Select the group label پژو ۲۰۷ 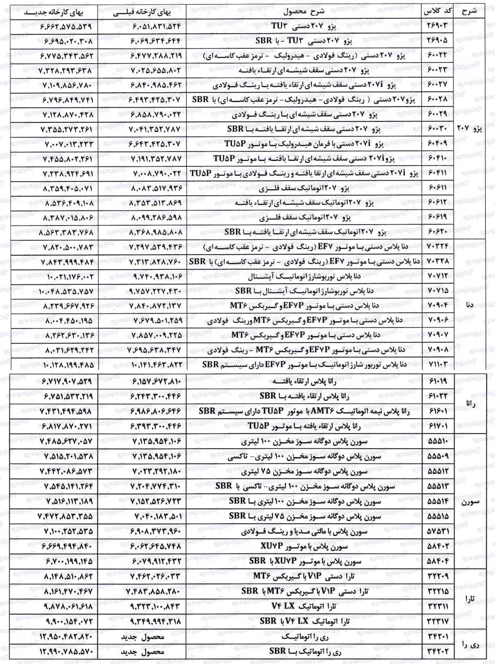coord(470,128)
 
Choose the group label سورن coord(470,502)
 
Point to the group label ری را coord(470,644)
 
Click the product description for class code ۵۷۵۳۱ coord(304,532)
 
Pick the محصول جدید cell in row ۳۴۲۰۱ coord(143,637)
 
